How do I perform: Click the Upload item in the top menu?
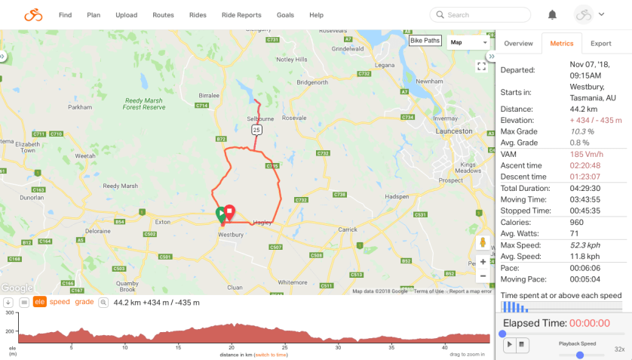(x=127, y=14)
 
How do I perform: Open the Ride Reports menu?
(x=241, y=14)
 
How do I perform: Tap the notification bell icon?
(x=552, y=14)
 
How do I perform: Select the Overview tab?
(x=518, y=44)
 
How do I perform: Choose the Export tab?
(x=600, y=44)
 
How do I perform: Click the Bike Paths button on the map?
(x=425, y=41)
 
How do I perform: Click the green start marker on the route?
(x=220, y=214)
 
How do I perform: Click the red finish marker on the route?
(x=230, y=212)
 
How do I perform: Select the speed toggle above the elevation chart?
(x=60, y=302)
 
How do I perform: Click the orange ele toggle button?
(x=39, y=302)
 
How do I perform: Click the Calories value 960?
(x=577, y=222)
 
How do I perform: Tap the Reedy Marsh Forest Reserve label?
(x=145, y=103)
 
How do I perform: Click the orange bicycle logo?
(x=33, y=14)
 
